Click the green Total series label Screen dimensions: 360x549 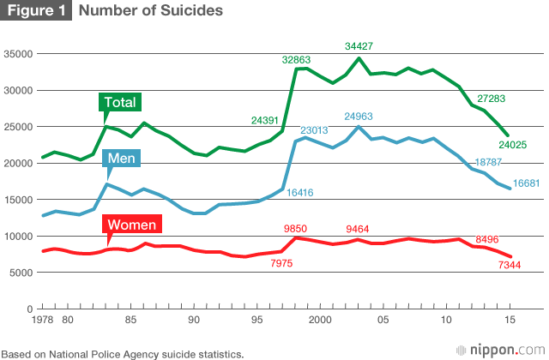120,102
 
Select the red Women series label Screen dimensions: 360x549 131,225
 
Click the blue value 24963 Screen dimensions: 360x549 362,115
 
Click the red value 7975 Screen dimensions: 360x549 281,264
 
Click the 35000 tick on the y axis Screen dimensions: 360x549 19,54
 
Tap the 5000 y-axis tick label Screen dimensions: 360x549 21,273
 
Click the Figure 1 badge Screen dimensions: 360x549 35,11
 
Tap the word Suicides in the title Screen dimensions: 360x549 190,11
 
